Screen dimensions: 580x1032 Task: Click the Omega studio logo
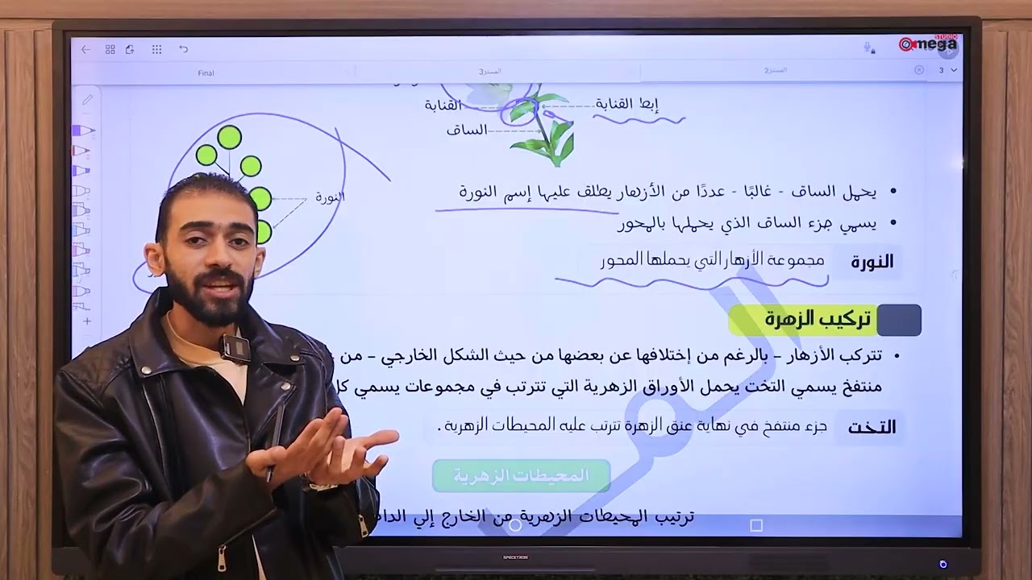coord(928,44)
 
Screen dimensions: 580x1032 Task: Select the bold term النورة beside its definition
coord(872,262)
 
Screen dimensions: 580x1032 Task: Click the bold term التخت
coord(871,428)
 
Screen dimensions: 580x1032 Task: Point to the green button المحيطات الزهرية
coord(521,476)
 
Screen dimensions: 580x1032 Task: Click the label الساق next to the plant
coord(467,130)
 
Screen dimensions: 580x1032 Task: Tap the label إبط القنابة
coord(627,104)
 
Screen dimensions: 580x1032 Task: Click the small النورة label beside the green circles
coord(330,197)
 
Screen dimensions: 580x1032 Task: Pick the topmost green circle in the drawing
coord(229,138)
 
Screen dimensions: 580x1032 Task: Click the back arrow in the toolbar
coord(85,49)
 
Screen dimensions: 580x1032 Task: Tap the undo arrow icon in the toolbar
coord(184,49)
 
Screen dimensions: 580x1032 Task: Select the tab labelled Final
coord(206,73)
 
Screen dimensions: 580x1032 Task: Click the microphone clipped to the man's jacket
coord(235,348)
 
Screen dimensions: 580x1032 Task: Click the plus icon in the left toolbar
coord(87,321)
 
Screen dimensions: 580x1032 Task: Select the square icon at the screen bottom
coord(755,525)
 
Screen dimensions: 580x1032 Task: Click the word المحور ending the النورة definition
coord(620,259)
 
